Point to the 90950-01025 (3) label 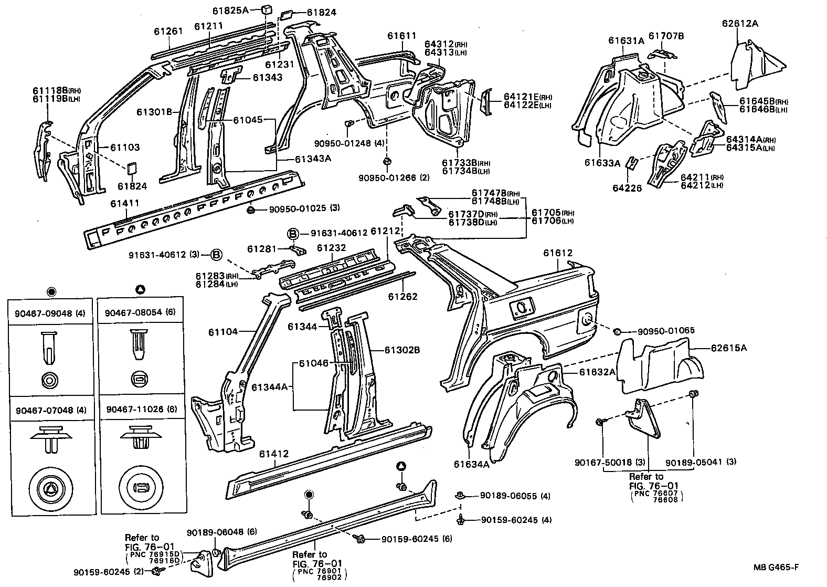point(304,208)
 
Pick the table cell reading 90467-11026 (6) point(141,410)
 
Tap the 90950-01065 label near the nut point(666,331)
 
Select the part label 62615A point(729,348)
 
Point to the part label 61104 point(222,332)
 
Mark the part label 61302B point(401,350)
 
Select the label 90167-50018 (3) point(609,462)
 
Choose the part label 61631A point(626,40)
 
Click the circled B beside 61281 point(292,233)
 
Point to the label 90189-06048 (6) point(221,532)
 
